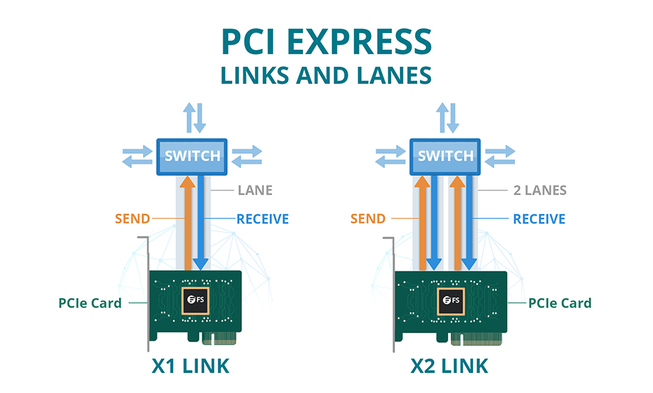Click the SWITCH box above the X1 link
pos(192,155)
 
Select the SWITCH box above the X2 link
pos(445,155)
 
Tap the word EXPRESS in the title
pos(364,43)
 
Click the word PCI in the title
pos(250,43)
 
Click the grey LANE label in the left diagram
pos(255,190)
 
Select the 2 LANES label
pos(540,190)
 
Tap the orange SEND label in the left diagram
pos(132,219)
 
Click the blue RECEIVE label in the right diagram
pos(539,219)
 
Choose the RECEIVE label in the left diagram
pos(263,219)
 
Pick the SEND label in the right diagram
pos(368,219)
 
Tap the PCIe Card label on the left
pos(90,303)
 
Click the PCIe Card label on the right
pos(560,303)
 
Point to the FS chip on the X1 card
pos(195,300)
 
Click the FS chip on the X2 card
pos(452,300)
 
